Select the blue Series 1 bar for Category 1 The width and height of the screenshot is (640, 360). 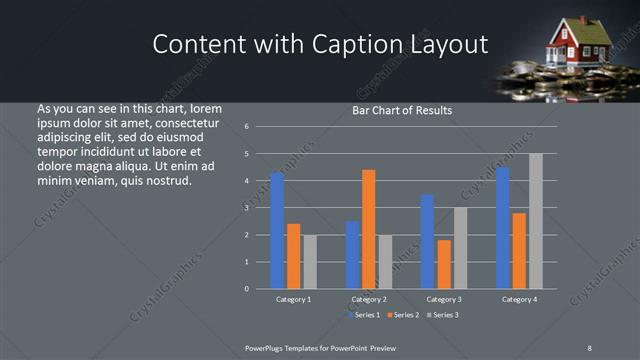pyautogui.click(x=277, y=230)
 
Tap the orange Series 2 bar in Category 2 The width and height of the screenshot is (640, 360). pyautogui.click(x=369, y=229)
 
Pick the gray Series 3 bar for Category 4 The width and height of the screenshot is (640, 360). pyautogui.click(x=536, y=221)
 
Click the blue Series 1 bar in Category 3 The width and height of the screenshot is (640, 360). pyautogui.click(x=427, y=241)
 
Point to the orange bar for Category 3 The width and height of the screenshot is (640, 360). pyautogui.click(x=444, y=264)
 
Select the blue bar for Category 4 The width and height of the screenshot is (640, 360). pyautogui.click(x=502, y=228)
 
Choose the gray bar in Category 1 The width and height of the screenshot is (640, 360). pyautogui.click(x=310, y=261)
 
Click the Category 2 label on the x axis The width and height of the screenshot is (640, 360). pyautogui.click(x=369, y=299)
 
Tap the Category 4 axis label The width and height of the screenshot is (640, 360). pyautogui.click(x=519, y=299)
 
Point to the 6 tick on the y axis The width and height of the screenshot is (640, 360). pyautogui.click(x=260, y=127)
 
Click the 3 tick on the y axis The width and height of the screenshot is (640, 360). pyautogui.click(x=260, y=208)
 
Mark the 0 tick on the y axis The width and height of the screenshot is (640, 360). pyautogui.click(x=260, y=289)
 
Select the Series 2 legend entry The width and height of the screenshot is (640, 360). pyautogui.click(x=403, y=315)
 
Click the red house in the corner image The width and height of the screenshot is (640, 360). pyautogui.click(x=579, y=41)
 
